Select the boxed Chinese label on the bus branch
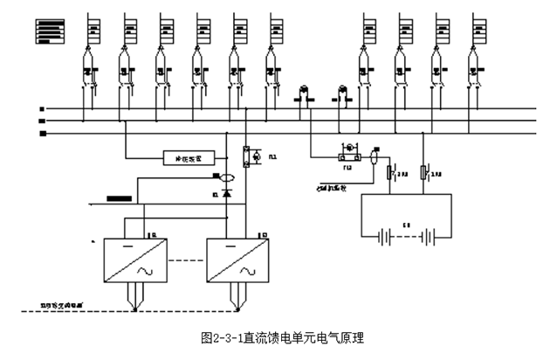tap(189, 158)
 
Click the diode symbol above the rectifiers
tap(227, 191)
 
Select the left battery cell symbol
tap(385, 236)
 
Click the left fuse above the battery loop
tap(390, 173)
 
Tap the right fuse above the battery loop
tap(424, 173)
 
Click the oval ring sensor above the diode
tap(227, 177)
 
